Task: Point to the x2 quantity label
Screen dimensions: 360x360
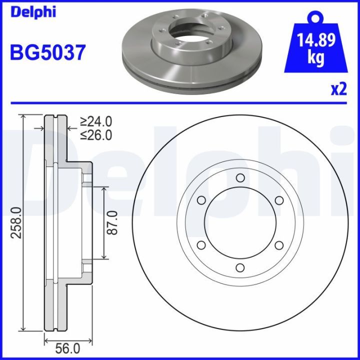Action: tap(338, 89)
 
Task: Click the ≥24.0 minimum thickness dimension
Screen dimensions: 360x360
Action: tap(96, 121)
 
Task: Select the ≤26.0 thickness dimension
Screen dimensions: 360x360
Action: tap(96, 134)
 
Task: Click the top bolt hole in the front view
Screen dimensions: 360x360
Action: tap(240, 178)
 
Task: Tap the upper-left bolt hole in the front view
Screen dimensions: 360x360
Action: tap(201, 200)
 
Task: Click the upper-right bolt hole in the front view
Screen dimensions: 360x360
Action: tap(279, 200)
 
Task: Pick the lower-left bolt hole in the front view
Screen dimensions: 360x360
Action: tap(201, 244)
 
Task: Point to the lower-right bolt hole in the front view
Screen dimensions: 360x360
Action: tap(279, 244)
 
